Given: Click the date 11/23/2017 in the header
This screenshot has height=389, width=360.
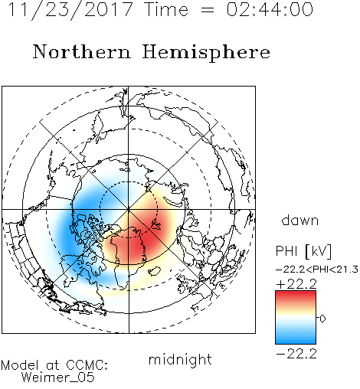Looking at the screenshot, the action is (70, 10).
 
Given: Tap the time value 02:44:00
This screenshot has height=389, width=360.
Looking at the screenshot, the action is (270, 9).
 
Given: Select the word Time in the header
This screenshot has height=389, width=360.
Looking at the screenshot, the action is (166, 9).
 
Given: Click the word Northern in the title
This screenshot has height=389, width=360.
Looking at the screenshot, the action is (82, 51).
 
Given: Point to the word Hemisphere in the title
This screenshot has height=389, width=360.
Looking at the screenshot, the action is (206, 53).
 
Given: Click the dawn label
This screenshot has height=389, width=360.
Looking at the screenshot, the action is (300, 220).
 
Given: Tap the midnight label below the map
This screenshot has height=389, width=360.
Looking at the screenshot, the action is (180, 360).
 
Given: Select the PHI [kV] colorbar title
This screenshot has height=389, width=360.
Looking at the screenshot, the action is (303, 251).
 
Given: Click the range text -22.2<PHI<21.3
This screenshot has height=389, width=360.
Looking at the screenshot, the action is (317, 270).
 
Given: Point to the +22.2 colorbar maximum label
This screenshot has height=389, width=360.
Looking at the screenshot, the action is (296, 284).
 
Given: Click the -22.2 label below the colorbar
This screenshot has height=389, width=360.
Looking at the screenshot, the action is (296, 354).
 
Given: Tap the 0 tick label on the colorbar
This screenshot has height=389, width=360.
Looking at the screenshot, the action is (322, 319).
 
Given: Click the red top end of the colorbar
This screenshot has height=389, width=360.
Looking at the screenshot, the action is (296, 293).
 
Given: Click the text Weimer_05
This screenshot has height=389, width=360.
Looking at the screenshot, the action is (58, 378).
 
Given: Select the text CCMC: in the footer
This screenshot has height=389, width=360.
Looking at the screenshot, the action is (87, 365).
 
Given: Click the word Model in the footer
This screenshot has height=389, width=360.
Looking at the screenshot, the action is (20, 365).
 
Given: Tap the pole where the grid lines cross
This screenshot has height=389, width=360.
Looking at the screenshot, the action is (129, 209).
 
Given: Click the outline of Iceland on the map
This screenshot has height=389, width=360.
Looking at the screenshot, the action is (155, 271).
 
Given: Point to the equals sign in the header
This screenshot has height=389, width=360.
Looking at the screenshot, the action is (208, 10).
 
